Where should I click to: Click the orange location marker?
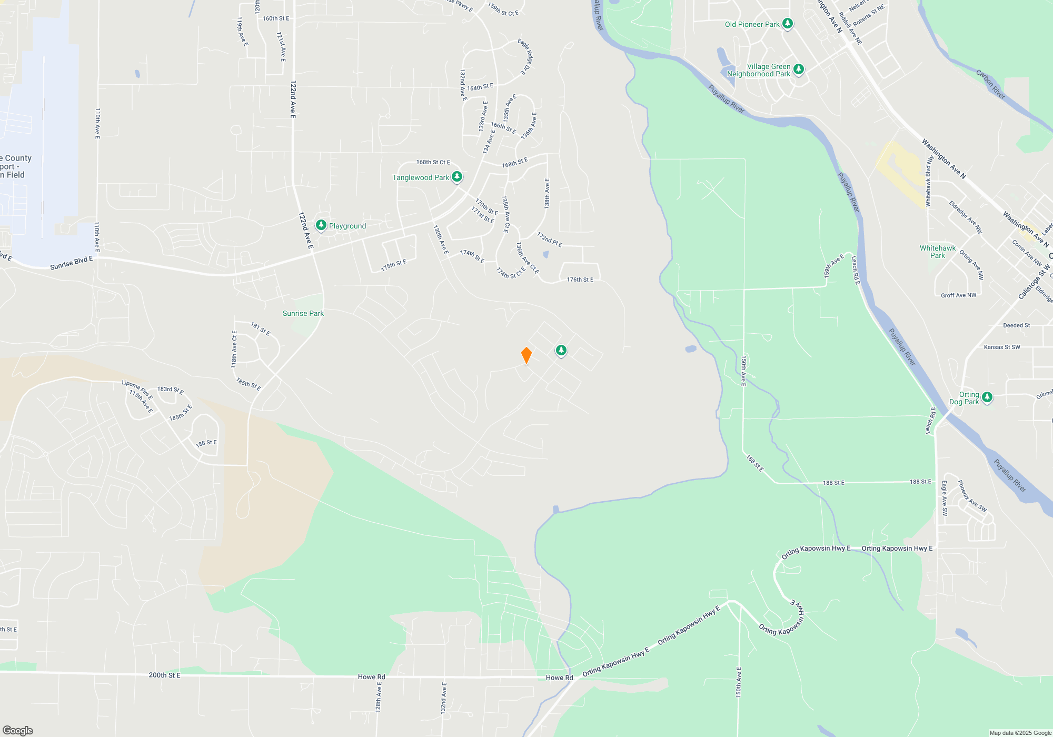click(526, 355)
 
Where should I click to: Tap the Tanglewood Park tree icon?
click(457, 177)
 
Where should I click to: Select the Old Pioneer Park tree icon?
click(788, 24)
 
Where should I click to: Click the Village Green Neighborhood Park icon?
click(799, 69)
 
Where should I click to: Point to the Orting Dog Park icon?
click(987, 397)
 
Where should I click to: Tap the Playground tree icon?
click(321, 225)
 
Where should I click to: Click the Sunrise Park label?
click(303, 313)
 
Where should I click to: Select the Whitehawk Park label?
click(938, 252)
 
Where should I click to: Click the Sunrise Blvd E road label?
click(71, 263)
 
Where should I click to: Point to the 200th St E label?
click(164, 675)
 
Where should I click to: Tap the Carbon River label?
click(990, 84)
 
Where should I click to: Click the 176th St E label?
click(580, 280)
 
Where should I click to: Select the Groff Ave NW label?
click(958, 295)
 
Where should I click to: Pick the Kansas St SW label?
click(1002, 347)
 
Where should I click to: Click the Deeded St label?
click(1016, 325)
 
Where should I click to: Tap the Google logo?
click(18, 730)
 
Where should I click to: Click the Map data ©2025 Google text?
click(1020, 733)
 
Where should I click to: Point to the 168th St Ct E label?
click(433, 162)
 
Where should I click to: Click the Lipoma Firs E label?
click(137, 390)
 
